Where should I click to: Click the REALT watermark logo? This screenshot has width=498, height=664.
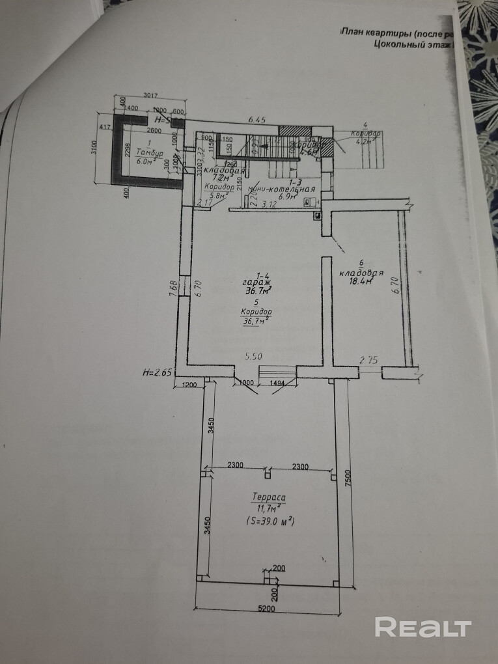(x=423, y=628)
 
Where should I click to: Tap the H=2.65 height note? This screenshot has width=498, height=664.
(x=156, y=373)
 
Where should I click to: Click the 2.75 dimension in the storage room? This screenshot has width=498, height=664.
(x=370, y=359)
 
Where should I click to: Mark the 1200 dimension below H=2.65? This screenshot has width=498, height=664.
(x=189, y=384)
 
